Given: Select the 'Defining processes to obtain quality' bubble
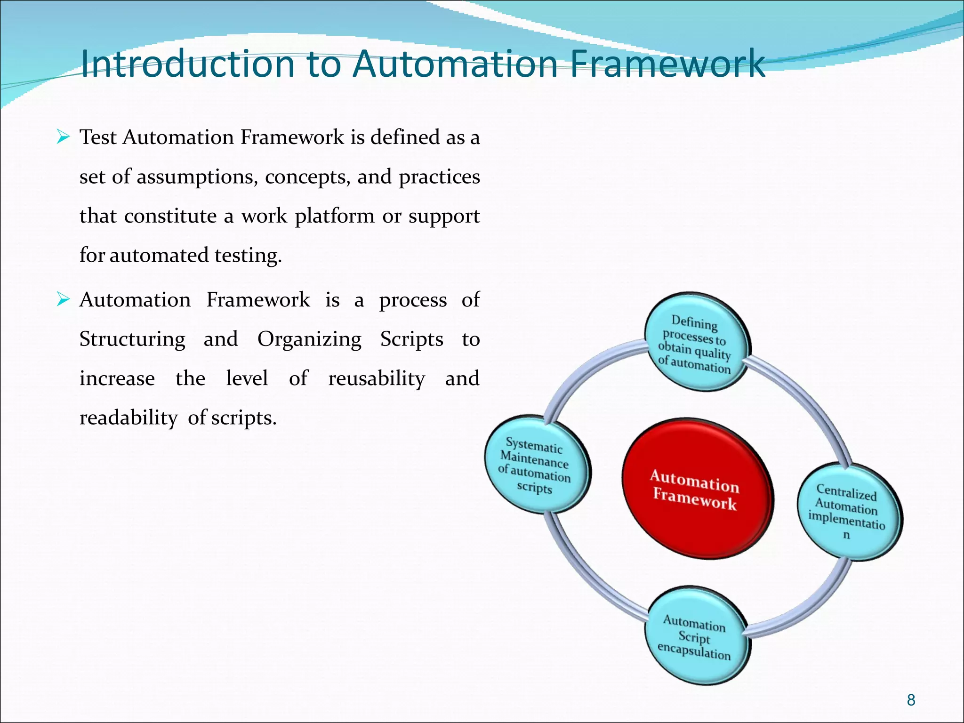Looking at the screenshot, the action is pyautogui.click(x=695, y=344).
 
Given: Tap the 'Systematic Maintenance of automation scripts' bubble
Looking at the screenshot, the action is pyautogui.click(x=535, y=465).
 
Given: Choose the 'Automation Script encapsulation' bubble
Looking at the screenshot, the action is pyautogui.click(x=695, y=636).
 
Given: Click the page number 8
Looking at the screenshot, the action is pyautogui.click(x=911, y=700).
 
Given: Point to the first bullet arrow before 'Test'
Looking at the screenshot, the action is pyautogui.click(x=63, y=137).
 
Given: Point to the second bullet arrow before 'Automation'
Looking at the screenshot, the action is pyautogui.click(x=63, y=299).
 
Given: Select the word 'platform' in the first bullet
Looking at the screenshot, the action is pyautogui.click(x=334, y=217).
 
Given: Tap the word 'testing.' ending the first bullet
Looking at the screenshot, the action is pyautogui.click(x=248, y=256).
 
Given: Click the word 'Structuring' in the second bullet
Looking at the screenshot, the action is pyautogui.click(x=132, y=339).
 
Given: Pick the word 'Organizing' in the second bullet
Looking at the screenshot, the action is pyautogui.click(x=309, y=339).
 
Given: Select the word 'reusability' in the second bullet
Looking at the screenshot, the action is pyautogui.click(x=377, y=379).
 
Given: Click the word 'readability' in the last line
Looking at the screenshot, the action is pyautogui.click(x=129, y=418).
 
